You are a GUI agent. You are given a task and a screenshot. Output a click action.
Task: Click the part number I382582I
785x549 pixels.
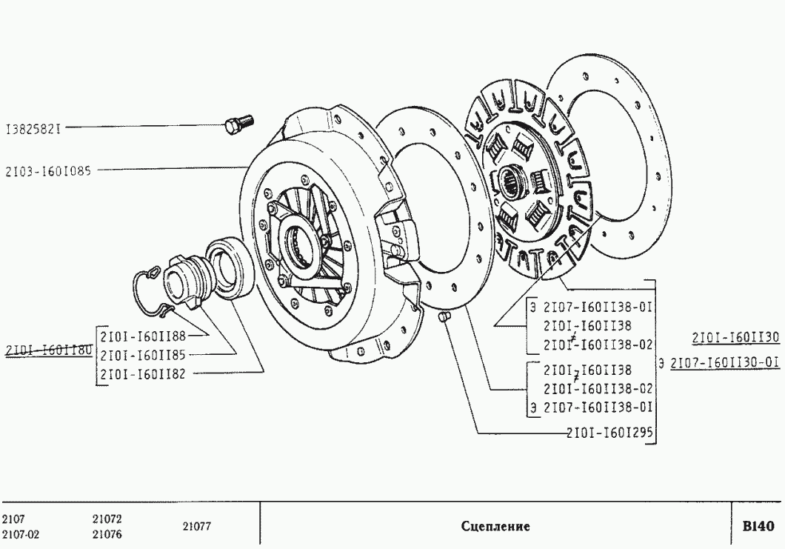(33, 129)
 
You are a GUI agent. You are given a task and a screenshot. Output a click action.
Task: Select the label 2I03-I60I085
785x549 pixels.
(49, 171)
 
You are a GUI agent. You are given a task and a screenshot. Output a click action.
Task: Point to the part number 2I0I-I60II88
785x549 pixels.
(143, 336)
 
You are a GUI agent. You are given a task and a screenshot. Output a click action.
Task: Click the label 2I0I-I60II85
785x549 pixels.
(143, 355)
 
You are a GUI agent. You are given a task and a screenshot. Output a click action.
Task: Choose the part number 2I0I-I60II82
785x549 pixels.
(143, 374)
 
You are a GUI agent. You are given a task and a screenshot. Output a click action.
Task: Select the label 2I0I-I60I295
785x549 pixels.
(610, 432)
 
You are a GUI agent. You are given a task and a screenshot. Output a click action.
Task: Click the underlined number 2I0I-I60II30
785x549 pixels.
(736, 338)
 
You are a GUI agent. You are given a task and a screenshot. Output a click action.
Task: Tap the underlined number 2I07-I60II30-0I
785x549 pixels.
(725, 362)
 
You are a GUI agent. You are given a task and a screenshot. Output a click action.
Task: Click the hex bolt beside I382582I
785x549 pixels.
(240, 124)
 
